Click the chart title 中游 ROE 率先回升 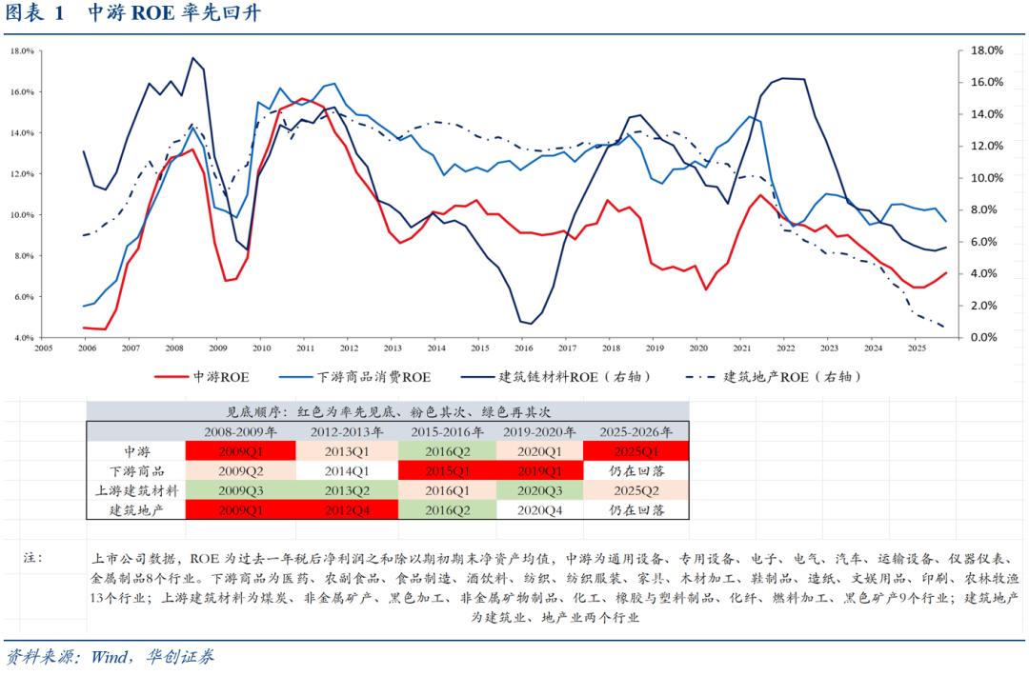pos(173,14)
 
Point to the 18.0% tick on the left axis pos(22,51)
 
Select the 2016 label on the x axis pos(523,349)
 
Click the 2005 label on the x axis pos(43,349)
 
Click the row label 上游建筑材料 pos(136,490)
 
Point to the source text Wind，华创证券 pos(152,658)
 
